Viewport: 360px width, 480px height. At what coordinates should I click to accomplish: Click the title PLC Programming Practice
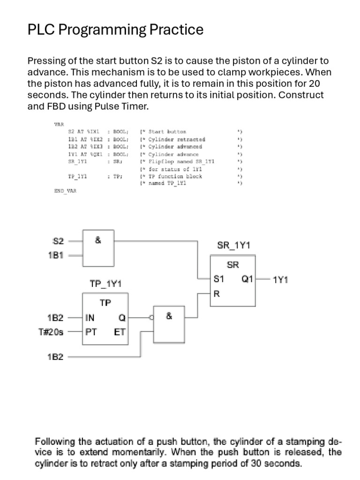(115, 30)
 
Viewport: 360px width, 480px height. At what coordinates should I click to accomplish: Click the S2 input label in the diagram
(58, 242)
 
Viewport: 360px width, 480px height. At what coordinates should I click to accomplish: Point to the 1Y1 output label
(280, 280)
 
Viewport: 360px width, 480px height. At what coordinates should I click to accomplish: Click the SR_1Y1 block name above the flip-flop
(233, 245)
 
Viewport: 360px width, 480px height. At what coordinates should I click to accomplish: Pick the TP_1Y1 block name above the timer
(105, 284)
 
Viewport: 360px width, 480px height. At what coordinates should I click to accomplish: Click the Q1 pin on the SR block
(247, 279)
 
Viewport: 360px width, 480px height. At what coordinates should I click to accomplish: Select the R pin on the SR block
(217, 294)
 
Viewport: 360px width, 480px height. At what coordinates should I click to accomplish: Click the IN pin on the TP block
(90, 317)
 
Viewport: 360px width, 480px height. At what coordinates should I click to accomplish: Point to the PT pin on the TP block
(90, 332)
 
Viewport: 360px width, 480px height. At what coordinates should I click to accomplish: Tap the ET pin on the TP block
(119, 332)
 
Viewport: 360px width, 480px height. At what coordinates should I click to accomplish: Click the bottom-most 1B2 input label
(55, 357)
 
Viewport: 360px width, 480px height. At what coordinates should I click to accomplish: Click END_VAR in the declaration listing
(66, 191)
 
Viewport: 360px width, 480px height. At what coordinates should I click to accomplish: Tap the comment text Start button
(167, 132)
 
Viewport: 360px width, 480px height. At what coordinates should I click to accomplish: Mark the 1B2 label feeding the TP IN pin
(55, 317)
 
